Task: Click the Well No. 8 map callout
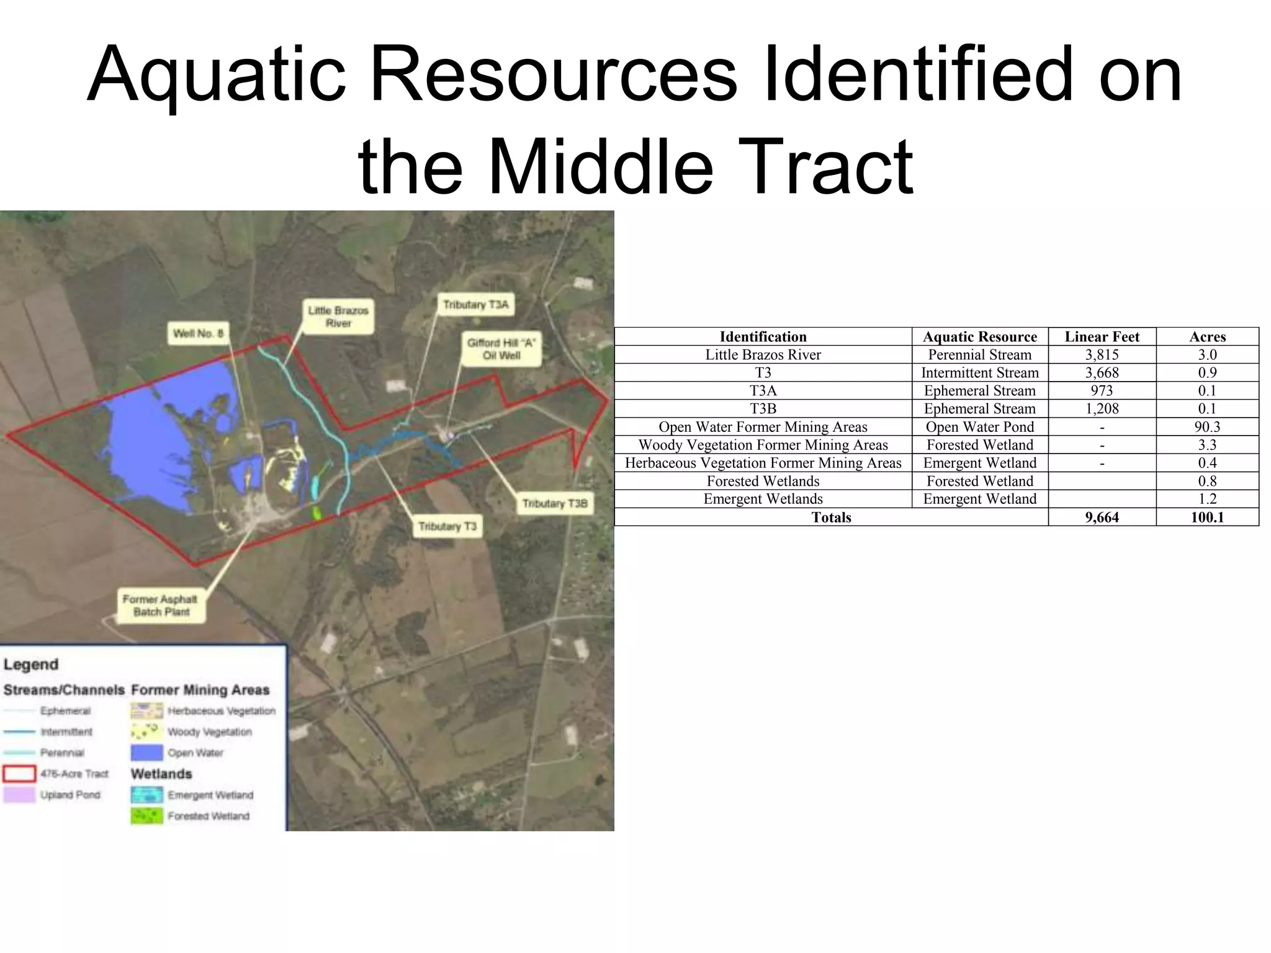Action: [198, 333]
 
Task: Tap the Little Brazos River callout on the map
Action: [338, 316]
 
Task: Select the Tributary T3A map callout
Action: [475, 305]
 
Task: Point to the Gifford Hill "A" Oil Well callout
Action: [501, 349]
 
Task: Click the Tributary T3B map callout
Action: [554, 503]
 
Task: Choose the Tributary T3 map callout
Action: [447, 526]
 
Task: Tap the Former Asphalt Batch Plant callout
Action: [161, 606]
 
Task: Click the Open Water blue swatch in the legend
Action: [146, 753]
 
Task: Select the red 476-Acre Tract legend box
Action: [19, 774]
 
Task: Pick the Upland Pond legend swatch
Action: [19, 795]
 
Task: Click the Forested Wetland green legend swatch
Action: [146, 816]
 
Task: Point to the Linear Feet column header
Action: [1102, 336]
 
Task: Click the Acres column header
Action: [1207, 336]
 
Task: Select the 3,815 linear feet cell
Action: [1102, 354]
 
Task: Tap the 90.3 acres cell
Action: [1207, 427]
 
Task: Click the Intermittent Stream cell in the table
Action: [979, 372]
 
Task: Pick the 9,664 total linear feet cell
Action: [1102, 517]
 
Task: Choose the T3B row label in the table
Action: [763, 409]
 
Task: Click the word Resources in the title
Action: [553, 76]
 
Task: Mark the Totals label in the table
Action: [831, 517]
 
